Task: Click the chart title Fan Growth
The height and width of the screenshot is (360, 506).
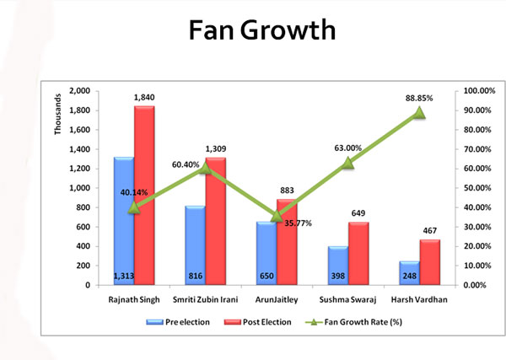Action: pos(262,30)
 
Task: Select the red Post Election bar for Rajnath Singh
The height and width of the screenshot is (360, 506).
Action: pos(144,195)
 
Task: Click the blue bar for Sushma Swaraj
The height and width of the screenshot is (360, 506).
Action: pos(337,266)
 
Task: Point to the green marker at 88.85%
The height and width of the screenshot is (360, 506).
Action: pos(419,112)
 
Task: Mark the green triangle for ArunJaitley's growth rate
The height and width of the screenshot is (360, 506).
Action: pos(277,216)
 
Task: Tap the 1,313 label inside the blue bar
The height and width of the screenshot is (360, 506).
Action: pos(123,277)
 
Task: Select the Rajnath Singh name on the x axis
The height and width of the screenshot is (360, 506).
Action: pos(133,299)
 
